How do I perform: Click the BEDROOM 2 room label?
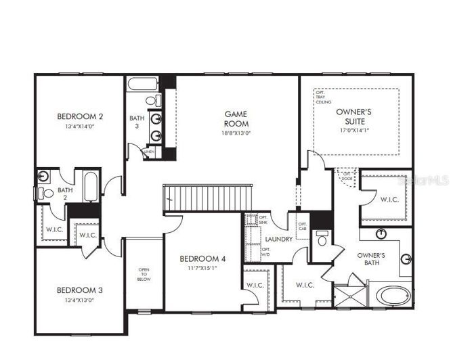coord(80,116)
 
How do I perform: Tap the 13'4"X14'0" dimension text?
coord(80,126)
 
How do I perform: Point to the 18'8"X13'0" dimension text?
coord(236,133)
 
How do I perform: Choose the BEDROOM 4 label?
coord(203,258)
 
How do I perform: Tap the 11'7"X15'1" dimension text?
coord(203,268)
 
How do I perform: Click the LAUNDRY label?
coord(278,239)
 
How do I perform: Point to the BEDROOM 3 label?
coord(80,290)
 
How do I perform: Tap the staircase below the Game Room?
coord(207,198)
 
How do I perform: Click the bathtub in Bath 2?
coord(90,185)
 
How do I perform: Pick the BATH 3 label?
coord(136,122)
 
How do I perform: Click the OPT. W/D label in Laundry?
coord(265,251)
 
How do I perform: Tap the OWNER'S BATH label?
coord(372,258)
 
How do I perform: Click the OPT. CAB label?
coord(302,226)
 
